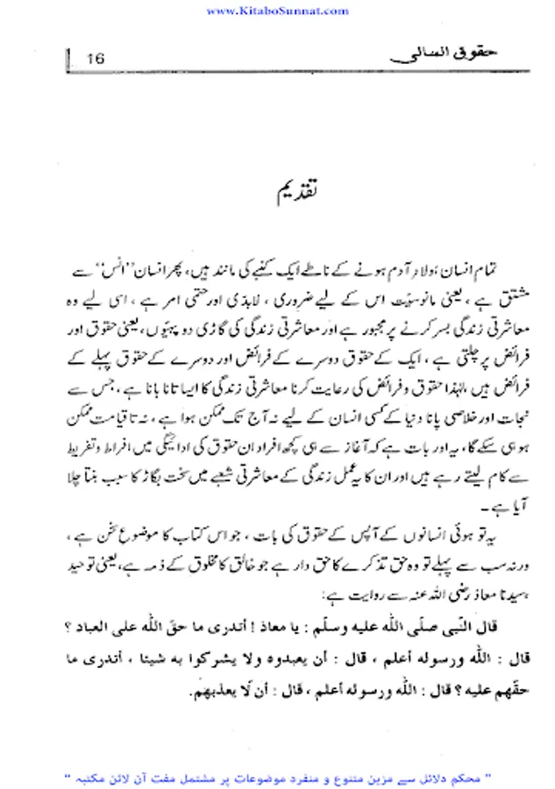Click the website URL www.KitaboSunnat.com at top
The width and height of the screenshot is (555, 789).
[276, 11]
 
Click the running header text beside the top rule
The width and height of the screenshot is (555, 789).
[434, 55]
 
